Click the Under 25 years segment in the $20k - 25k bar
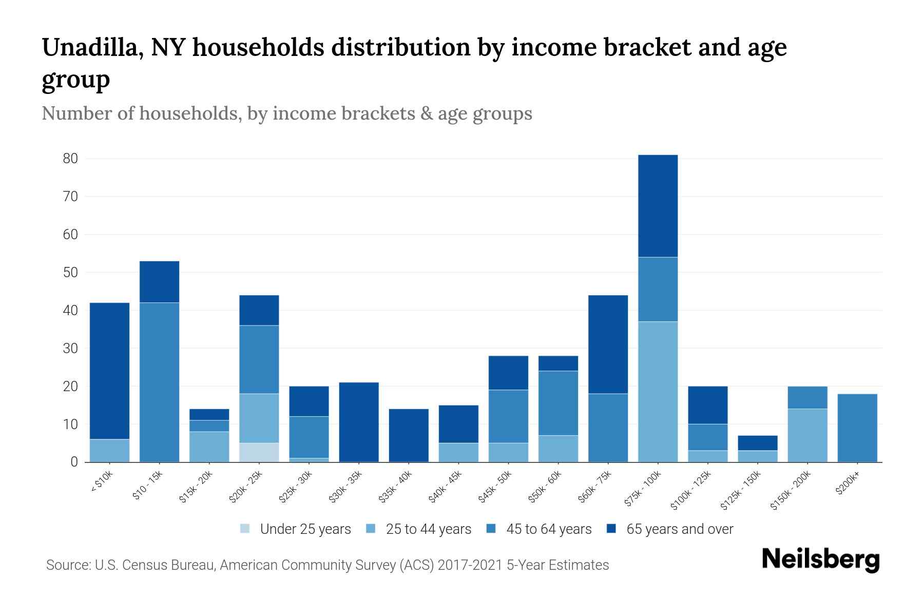pos(259,452)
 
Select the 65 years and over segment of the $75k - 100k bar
pos(658,206)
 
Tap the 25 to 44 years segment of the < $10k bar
pos(109,450)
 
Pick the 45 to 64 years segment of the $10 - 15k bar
pos(159,382)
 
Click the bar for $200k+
pos(857,428)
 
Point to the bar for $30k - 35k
pos(359,422)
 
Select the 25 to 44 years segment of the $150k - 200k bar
pos(807,435)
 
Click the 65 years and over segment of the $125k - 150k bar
pos(757,443)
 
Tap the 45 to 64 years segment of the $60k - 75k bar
pos(608,428)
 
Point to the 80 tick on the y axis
pos(70,159)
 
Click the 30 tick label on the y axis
pos(70,349)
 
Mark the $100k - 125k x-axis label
pos(691,491)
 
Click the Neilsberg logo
pos(820,560)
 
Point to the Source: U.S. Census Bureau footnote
pos(327,565)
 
